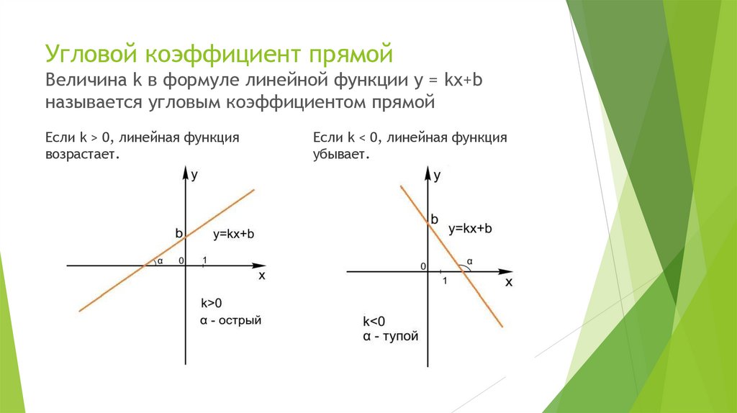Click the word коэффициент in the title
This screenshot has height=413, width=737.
point(225,55)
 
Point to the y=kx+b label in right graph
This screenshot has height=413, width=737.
point(470,229)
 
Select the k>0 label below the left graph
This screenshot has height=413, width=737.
point(212,302)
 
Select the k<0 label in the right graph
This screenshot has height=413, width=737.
point(374,322)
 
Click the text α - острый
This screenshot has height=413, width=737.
point(230,319)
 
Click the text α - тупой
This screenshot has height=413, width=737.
point(390,336)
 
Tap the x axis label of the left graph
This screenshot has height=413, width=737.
point(261,276)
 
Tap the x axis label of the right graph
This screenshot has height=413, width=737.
point(508,282)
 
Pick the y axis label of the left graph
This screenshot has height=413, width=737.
point(195,173)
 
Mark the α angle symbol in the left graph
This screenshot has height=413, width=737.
point(160,260)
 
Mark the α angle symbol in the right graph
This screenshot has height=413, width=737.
point(469,261)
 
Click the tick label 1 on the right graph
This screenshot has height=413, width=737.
point(446,281)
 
